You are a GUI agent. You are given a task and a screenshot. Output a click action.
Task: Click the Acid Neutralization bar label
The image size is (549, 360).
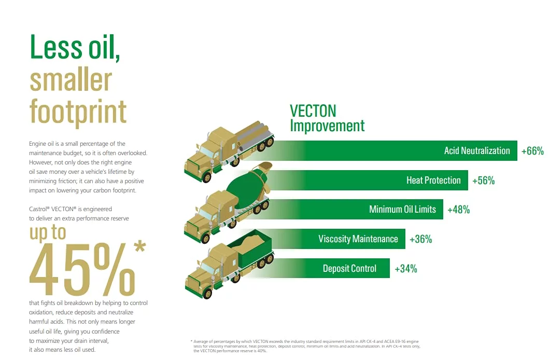tap(477, 150)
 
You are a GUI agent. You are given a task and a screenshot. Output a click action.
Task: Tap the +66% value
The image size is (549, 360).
tap(532, 151)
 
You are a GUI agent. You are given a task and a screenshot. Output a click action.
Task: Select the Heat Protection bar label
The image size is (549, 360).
tap(433, 181)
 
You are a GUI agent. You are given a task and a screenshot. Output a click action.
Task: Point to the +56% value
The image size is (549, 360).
tap(484, 181)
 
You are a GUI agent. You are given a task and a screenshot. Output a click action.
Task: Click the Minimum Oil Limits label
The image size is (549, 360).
tap(402, 210)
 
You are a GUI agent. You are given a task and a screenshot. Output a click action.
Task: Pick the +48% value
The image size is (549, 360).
tap(459, 210)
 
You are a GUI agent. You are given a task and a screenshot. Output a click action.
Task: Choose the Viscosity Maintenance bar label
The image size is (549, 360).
tap(358, 239)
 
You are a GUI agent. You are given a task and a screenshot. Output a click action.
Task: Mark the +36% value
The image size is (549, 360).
tap(421, 239)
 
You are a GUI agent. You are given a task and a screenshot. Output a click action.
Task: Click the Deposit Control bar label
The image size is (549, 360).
tap(349, 269)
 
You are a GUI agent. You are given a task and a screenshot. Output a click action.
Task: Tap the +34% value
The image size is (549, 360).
tap(406, 269)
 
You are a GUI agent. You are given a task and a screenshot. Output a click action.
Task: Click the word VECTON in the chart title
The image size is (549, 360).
tap(313, 111)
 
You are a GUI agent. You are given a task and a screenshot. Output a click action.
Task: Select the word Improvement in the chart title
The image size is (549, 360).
tap(327, 126)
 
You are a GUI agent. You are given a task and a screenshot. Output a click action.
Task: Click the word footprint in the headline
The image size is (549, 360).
tap(78, 112)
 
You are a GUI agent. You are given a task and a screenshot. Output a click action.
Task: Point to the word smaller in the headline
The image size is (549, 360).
tap(71, 80)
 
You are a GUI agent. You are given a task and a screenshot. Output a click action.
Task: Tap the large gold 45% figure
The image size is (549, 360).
tap(82, 269)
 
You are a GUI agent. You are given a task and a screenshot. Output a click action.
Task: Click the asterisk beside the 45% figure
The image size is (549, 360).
tap(139, 246)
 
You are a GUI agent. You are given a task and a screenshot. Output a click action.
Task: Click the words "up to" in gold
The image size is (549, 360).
tap(48, 233)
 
